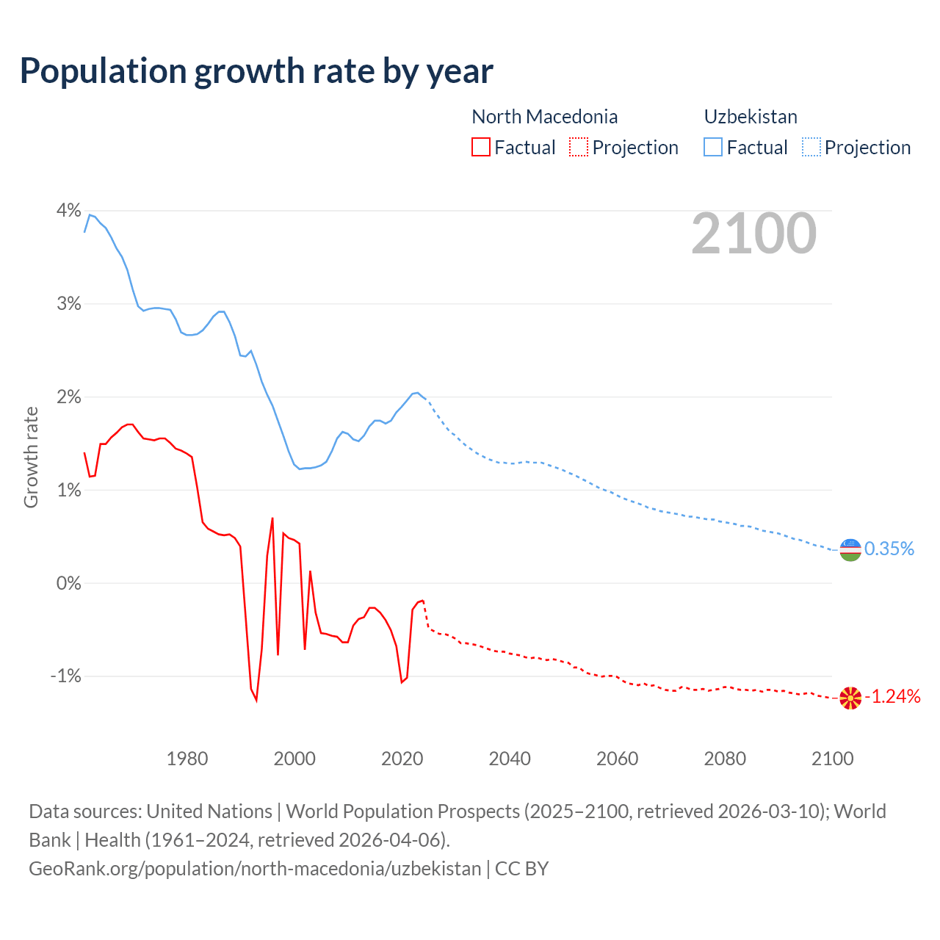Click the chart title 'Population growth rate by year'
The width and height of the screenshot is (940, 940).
pyautogui.click(x=256, y=71)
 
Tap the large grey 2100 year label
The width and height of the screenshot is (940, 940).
pyautogui.click(x=753, y=234)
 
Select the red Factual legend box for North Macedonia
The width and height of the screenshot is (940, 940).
pyautogui.click(x=480, y=147)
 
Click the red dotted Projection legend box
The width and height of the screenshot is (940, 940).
pyautogui.click(x=579, y=147)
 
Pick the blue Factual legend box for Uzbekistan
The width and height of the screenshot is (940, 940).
pyautogui.click(x=713, y=147)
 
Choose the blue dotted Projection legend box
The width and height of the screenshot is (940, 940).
pyautogui.click(x=811, y=147)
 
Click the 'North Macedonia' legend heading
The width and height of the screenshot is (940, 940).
pyautogui.click(x=544, y=117)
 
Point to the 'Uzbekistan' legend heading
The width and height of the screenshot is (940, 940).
pyautogui.click(x=751, y=117)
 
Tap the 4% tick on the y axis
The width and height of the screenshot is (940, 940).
pyautogui.click(x=68, y=211)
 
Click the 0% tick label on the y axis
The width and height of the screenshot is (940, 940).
pyautogui.click(x=68, y=583)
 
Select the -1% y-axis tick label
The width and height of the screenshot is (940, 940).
pyautogui.click(x=65, y=676)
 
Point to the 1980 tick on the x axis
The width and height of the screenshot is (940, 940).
pyautogui.click(x=187, y=759)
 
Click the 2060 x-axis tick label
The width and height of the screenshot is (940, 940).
pyautogui.click(x=618, y=759)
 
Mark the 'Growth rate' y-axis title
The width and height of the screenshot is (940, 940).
pyautogui.click(x=31, y=457)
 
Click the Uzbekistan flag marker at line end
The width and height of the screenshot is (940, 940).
pyautogui.click(x=850, y=549)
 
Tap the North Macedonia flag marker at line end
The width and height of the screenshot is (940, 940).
pyautogui.click(x=850, y=698)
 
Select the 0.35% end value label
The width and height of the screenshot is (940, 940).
pyautogui.click(x=889, y=549)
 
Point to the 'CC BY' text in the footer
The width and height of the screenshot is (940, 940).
pyautogui.click(x=521, y=869)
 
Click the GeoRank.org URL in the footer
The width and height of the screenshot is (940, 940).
pyautogui.click(x=255, y=869)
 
